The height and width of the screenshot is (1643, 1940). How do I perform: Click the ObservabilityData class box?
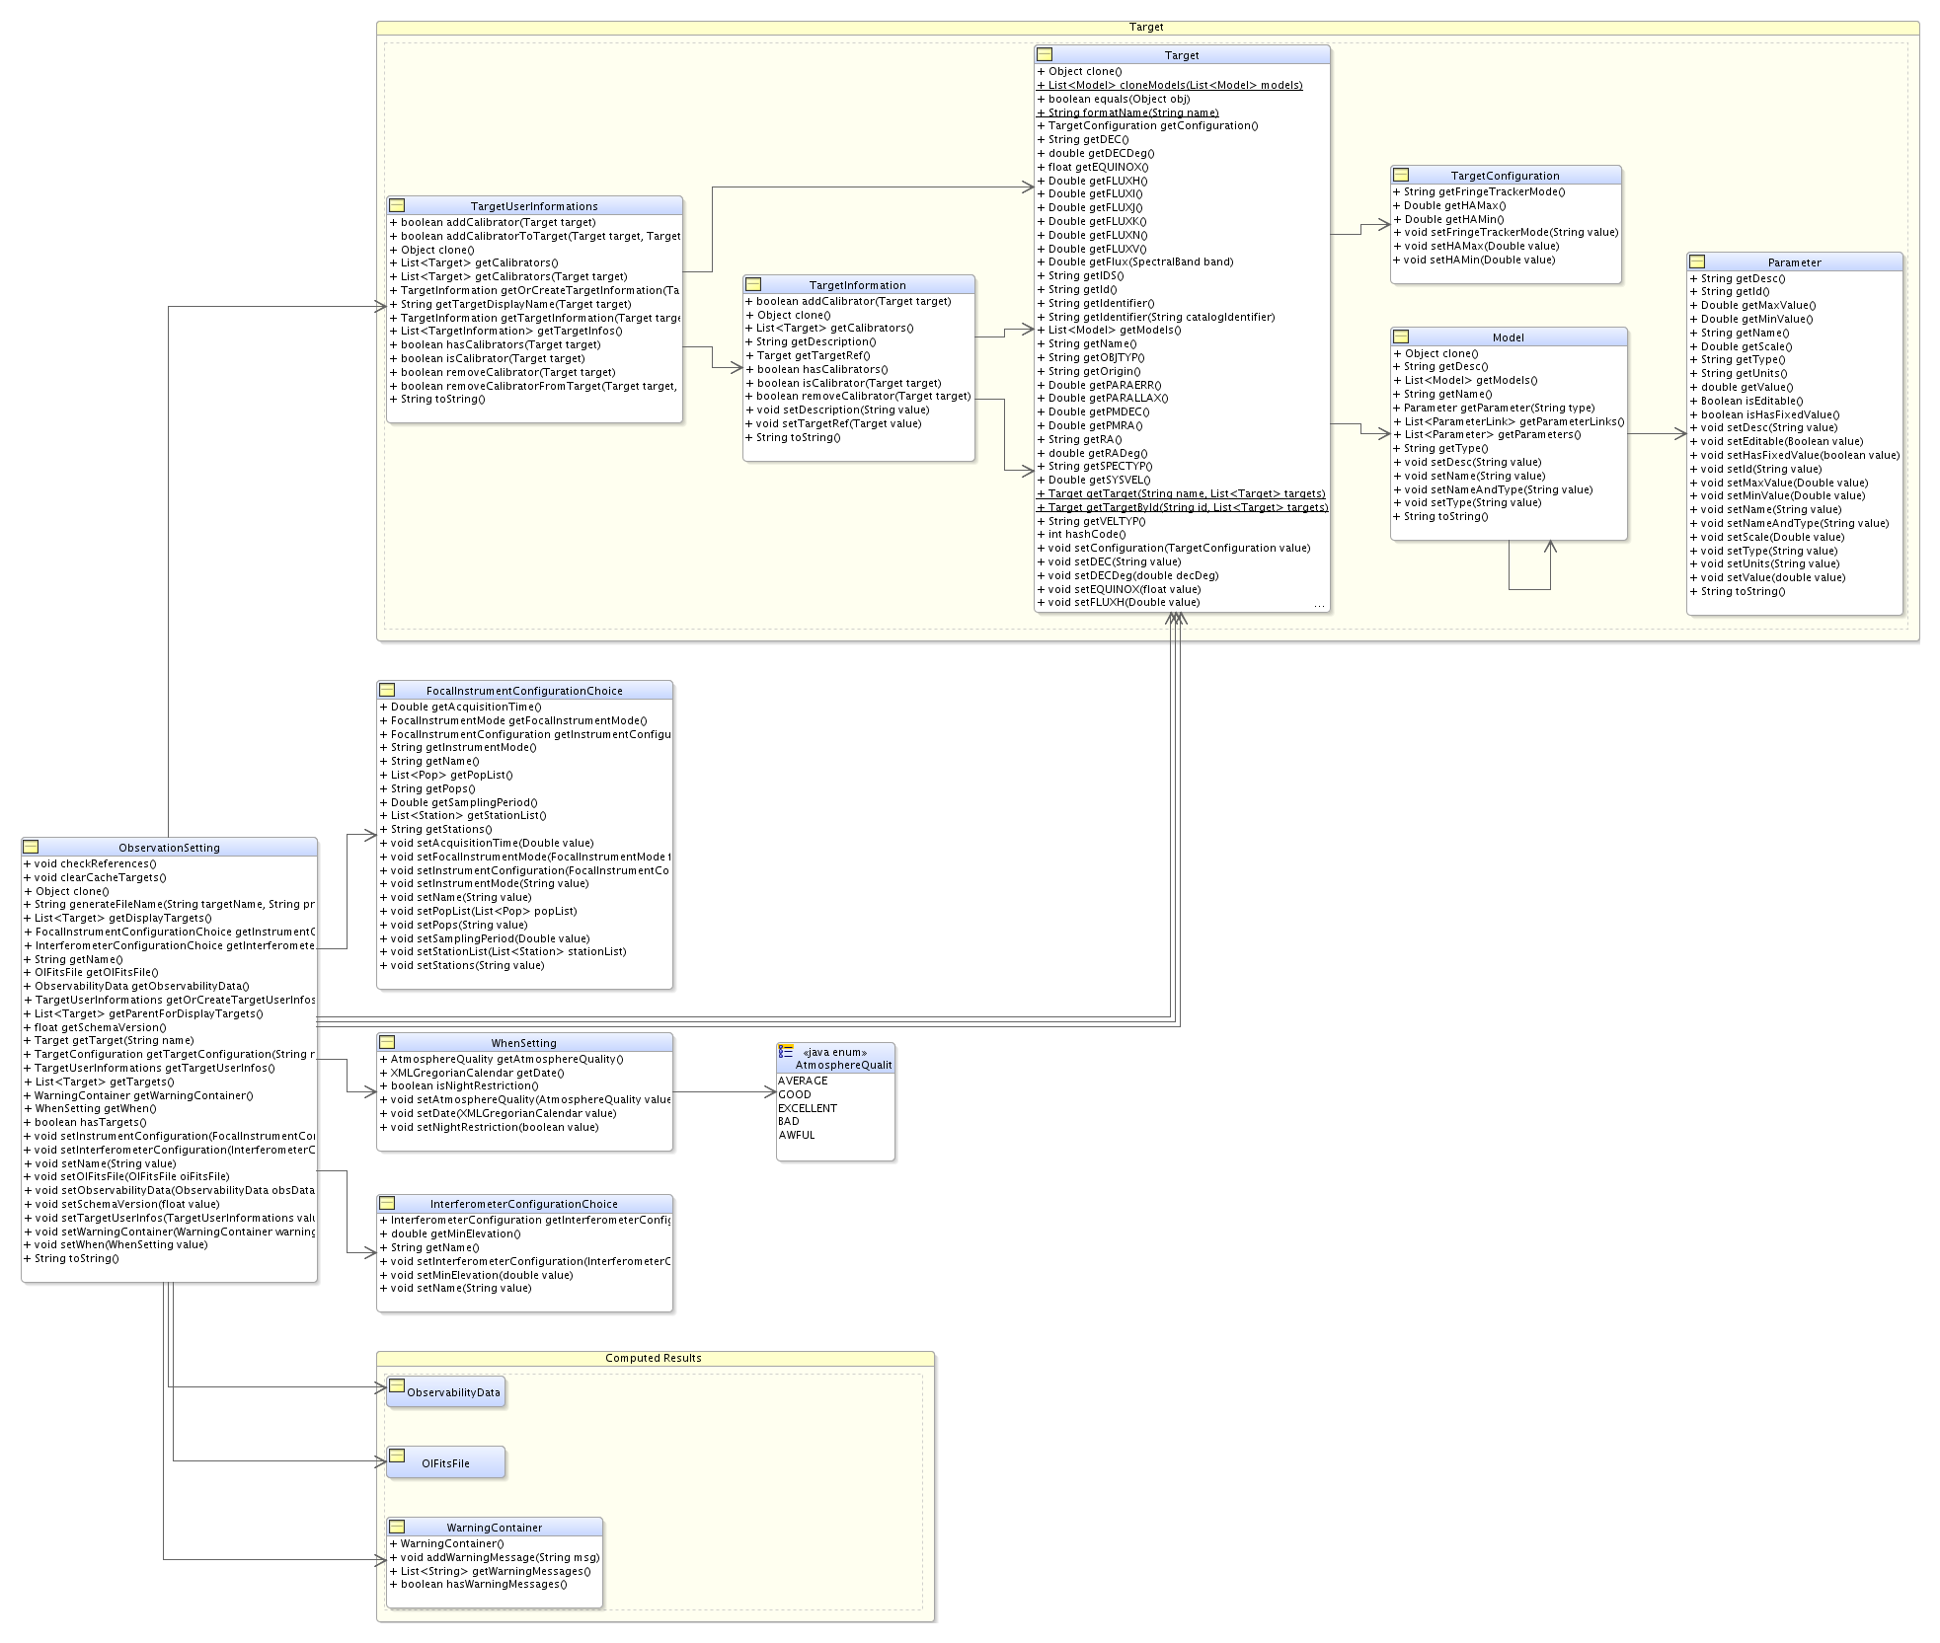(x=445, y=1392)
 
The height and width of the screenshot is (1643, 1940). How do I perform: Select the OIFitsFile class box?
(x=445, y=1462)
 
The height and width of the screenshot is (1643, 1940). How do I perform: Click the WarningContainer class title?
(x=494, y=1528)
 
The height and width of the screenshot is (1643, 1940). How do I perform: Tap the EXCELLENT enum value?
(x=808, y=1108)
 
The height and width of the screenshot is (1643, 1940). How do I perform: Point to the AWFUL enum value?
(x=797, y=1135)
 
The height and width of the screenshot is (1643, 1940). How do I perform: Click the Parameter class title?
(x=1795, y=262)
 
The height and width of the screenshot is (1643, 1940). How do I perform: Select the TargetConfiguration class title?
(x=1506, y=176)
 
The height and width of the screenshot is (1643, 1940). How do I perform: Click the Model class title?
(x=1509, y=337)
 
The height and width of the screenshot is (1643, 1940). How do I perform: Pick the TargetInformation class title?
(x=858, y=285)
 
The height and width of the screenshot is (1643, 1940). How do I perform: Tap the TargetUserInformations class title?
(x=534, y=206)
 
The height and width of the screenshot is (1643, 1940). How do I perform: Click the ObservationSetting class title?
(x=169, y=848)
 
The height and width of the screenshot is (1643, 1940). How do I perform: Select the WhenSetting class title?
(x=524, y=1043)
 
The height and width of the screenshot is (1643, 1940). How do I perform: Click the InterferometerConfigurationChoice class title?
(x=524, y=1204)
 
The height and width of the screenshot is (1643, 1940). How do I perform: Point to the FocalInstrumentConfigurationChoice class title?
(x=524, y=691)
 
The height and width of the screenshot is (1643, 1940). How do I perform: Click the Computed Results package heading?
(x=654, y=1358)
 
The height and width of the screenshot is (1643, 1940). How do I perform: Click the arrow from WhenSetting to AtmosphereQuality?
(x=725, y=1091)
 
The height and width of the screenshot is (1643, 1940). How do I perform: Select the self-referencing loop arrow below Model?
(x=1529, y=589)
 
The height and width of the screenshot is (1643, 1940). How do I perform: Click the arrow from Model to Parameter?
(x=1657, y=433)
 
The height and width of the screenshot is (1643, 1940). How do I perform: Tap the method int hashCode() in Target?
(x=1081, y=535)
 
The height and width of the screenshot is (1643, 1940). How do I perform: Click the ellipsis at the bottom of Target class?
(x=1319, y=605)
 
